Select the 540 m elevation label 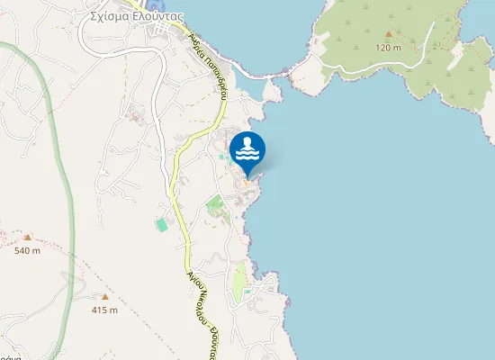[27, 251]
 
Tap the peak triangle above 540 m [27, 238]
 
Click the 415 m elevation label [104, 310]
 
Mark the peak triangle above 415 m [104, 296]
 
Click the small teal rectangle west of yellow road [162, 223]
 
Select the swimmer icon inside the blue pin [247, 143]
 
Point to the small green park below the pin [214, 204]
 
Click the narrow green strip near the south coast [238, 283]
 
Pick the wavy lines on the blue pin [247, 156]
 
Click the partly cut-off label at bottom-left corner [4, 355]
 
